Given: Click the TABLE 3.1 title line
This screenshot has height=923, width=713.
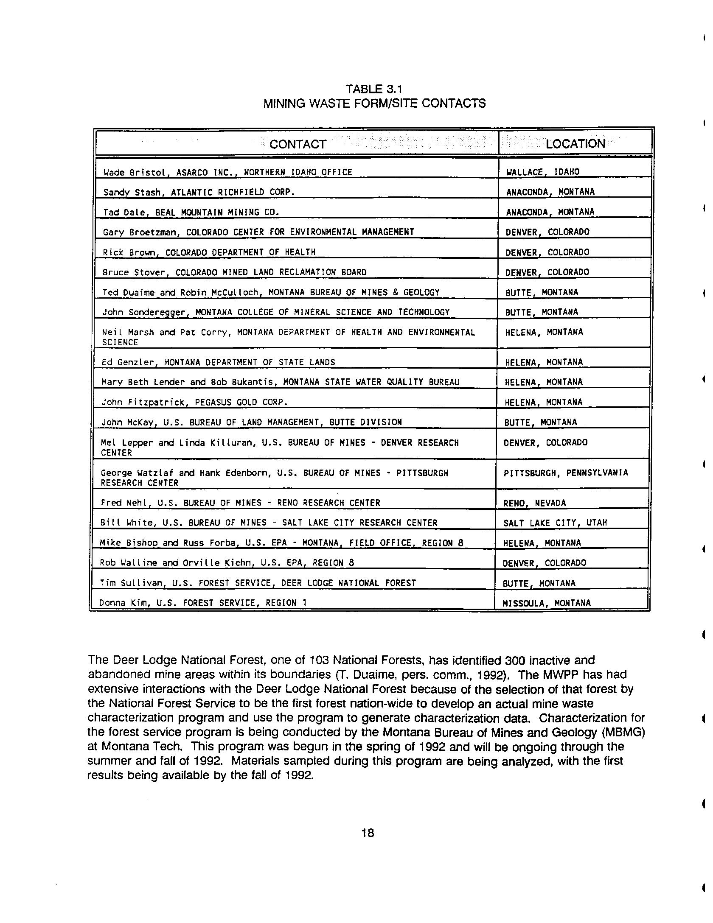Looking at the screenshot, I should [x=373, y=89].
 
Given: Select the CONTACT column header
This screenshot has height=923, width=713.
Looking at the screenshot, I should [x=298, y=144].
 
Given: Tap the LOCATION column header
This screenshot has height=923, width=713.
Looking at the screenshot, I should [x=575, y=144].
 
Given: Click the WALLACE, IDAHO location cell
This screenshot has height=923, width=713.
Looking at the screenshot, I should [x=543, y=172].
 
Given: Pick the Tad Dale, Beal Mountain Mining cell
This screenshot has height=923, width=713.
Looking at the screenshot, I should [x=191, y=212].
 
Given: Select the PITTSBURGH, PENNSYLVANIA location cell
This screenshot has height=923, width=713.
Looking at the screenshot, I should [x=565, y=473].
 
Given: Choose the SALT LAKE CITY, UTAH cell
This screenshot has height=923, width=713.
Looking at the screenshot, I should [x=555, y=523].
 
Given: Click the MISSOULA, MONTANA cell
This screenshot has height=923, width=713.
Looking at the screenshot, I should [x=546, y=603].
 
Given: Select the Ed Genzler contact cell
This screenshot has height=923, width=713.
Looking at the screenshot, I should [x=218, y=362].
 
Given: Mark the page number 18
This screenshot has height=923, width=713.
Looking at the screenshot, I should [x=368, y=833].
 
